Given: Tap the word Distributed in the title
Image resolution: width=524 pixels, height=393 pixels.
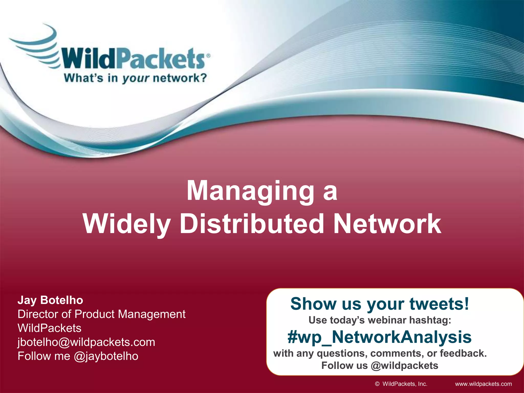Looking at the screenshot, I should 252,224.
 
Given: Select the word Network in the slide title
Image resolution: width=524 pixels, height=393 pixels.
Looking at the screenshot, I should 387,224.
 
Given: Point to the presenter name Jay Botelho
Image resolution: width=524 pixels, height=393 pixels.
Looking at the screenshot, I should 50,300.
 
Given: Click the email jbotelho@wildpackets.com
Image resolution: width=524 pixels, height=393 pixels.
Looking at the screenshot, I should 86,342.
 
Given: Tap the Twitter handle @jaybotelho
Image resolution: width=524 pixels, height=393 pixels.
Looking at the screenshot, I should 106,356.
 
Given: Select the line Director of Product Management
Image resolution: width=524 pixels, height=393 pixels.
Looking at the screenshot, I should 101,314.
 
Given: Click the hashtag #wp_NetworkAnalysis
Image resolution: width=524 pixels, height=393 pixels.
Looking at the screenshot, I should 379,337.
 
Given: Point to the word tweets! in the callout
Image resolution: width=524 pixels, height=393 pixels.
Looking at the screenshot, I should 439,304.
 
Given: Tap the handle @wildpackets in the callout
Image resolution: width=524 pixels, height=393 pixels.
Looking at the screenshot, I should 404,366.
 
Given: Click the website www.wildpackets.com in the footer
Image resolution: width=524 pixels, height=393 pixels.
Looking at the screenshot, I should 483,384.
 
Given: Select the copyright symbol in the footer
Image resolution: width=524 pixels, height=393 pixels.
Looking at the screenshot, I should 377,384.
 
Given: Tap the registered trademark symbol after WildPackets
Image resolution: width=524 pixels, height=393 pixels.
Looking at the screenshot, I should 208,56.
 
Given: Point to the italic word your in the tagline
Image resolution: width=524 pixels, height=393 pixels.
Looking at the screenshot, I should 135,78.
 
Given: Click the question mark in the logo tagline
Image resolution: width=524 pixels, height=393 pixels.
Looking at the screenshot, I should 202,78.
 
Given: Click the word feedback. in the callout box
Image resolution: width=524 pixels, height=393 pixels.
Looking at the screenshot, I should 463,353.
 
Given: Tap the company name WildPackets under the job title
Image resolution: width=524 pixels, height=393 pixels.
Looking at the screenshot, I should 49,328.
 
